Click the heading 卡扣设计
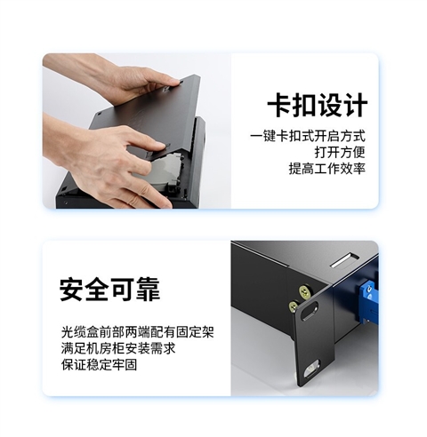pyautogui.click(x=317, y=106)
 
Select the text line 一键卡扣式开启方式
pyautogui.click(x=308, y=137)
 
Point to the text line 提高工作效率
pyautogui.click(x=327, y=169)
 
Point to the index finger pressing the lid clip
pyautogui.click(x=142, y=142)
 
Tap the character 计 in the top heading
pyautogui.click(x=354, y=106)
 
